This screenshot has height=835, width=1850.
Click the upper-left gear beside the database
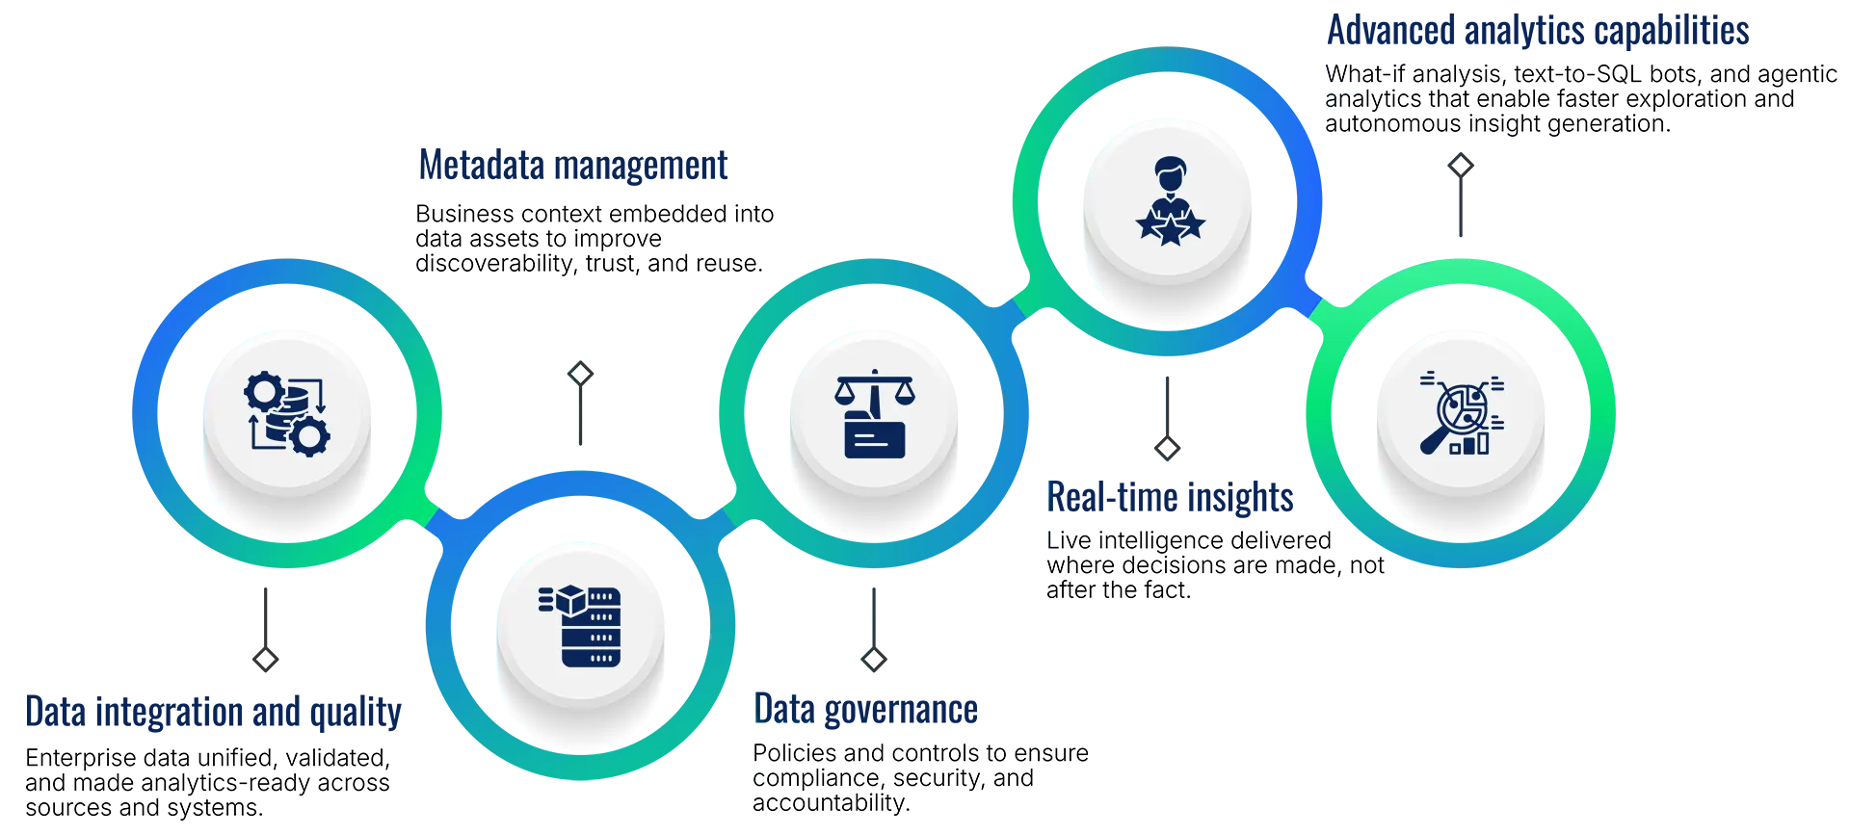(263, 393)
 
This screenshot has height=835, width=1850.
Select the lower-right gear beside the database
(310, 437)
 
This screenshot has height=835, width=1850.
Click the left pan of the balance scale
(847, 395)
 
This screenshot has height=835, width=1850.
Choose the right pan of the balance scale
(902, 395)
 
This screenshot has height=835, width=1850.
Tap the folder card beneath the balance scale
(874, 438)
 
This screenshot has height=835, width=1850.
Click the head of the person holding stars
(1170, 178)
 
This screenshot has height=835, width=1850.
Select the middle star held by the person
(1170, 232)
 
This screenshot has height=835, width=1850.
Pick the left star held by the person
(1149, 226)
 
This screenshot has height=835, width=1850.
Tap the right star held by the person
(1192, 226)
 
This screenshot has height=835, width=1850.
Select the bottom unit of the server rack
(591, 658)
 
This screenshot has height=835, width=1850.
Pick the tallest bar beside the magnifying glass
(1482, 442)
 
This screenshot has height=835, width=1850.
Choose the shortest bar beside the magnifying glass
(1455, 448)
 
